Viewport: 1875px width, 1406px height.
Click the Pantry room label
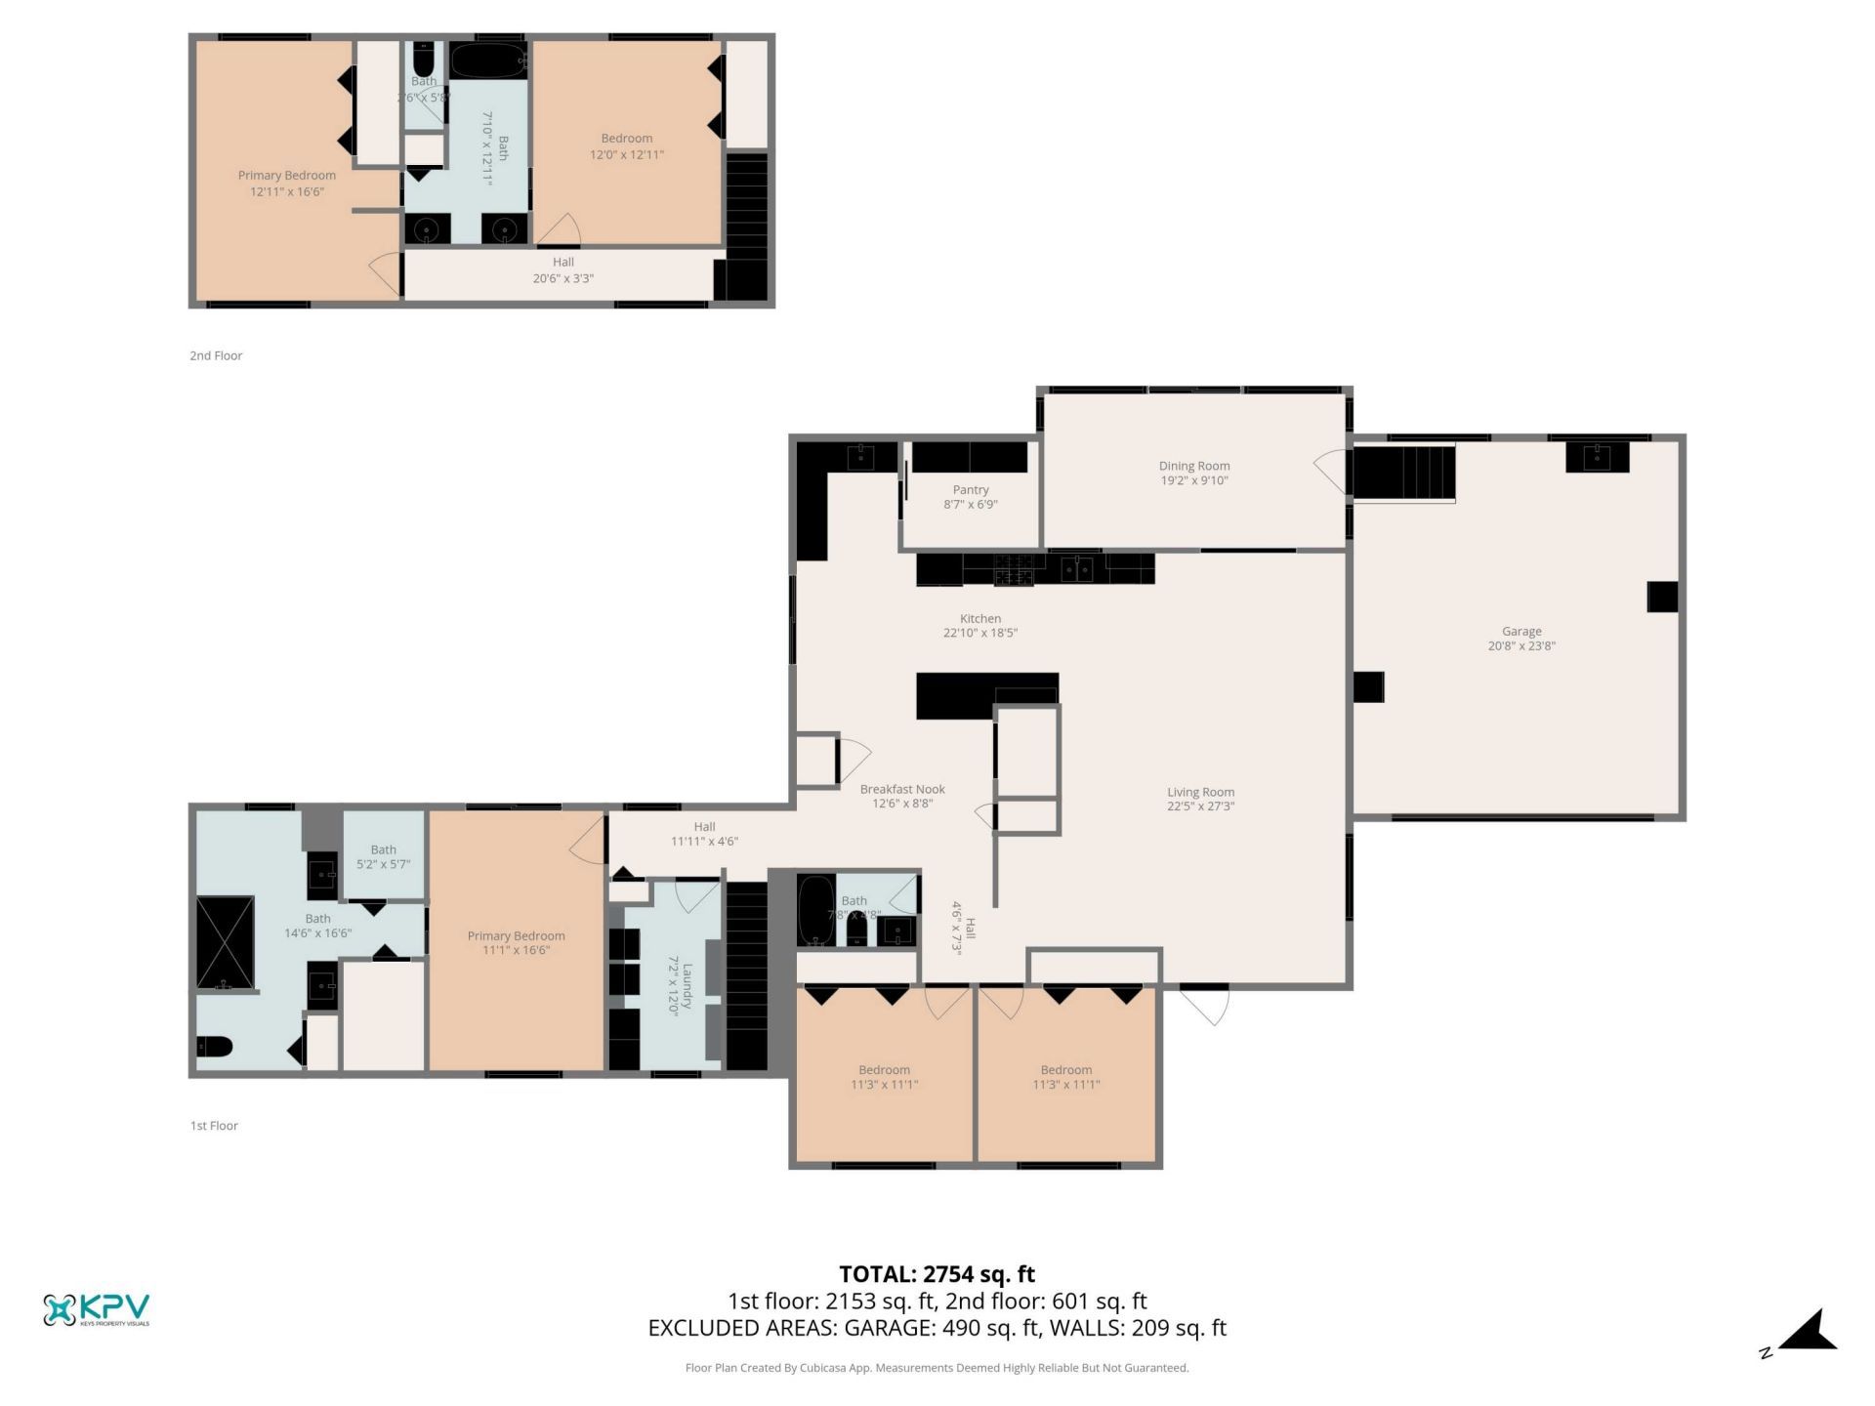point(970,490)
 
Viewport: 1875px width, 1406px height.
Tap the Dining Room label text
point(1193,466)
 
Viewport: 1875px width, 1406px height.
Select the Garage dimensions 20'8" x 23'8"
point(1521,646)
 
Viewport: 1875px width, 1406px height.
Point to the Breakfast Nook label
point(902,789)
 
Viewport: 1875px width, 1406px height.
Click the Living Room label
point(1200,792)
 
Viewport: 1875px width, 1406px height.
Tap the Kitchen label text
point(979,618)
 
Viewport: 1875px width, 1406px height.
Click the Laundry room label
point(687,988)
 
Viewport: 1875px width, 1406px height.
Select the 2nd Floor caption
point(216,355)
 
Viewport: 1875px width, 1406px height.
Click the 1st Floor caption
point(214,1126)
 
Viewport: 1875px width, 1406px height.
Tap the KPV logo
point(96,1309)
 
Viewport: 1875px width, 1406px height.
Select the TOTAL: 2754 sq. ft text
point(937,1274)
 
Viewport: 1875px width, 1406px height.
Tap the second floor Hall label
point(562,262)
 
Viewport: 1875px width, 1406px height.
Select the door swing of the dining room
point(1330,471)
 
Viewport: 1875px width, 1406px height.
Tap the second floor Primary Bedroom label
point(286,176)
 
